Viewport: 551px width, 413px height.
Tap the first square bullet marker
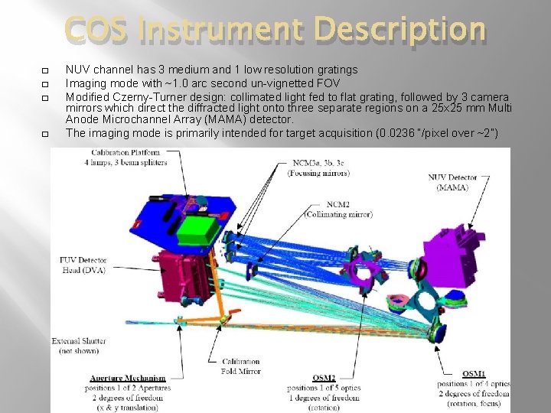[x=45, y=70]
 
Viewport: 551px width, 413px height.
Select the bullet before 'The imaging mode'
[x=45, y=134]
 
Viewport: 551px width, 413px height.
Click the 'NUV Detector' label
[x=452, y=178]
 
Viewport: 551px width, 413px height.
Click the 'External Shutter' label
[x=79, y=340]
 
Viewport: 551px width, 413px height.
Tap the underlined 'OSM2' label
[x=324, y=378]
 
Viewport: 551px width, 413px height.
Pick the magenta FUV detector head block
[x=184, y=272]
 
